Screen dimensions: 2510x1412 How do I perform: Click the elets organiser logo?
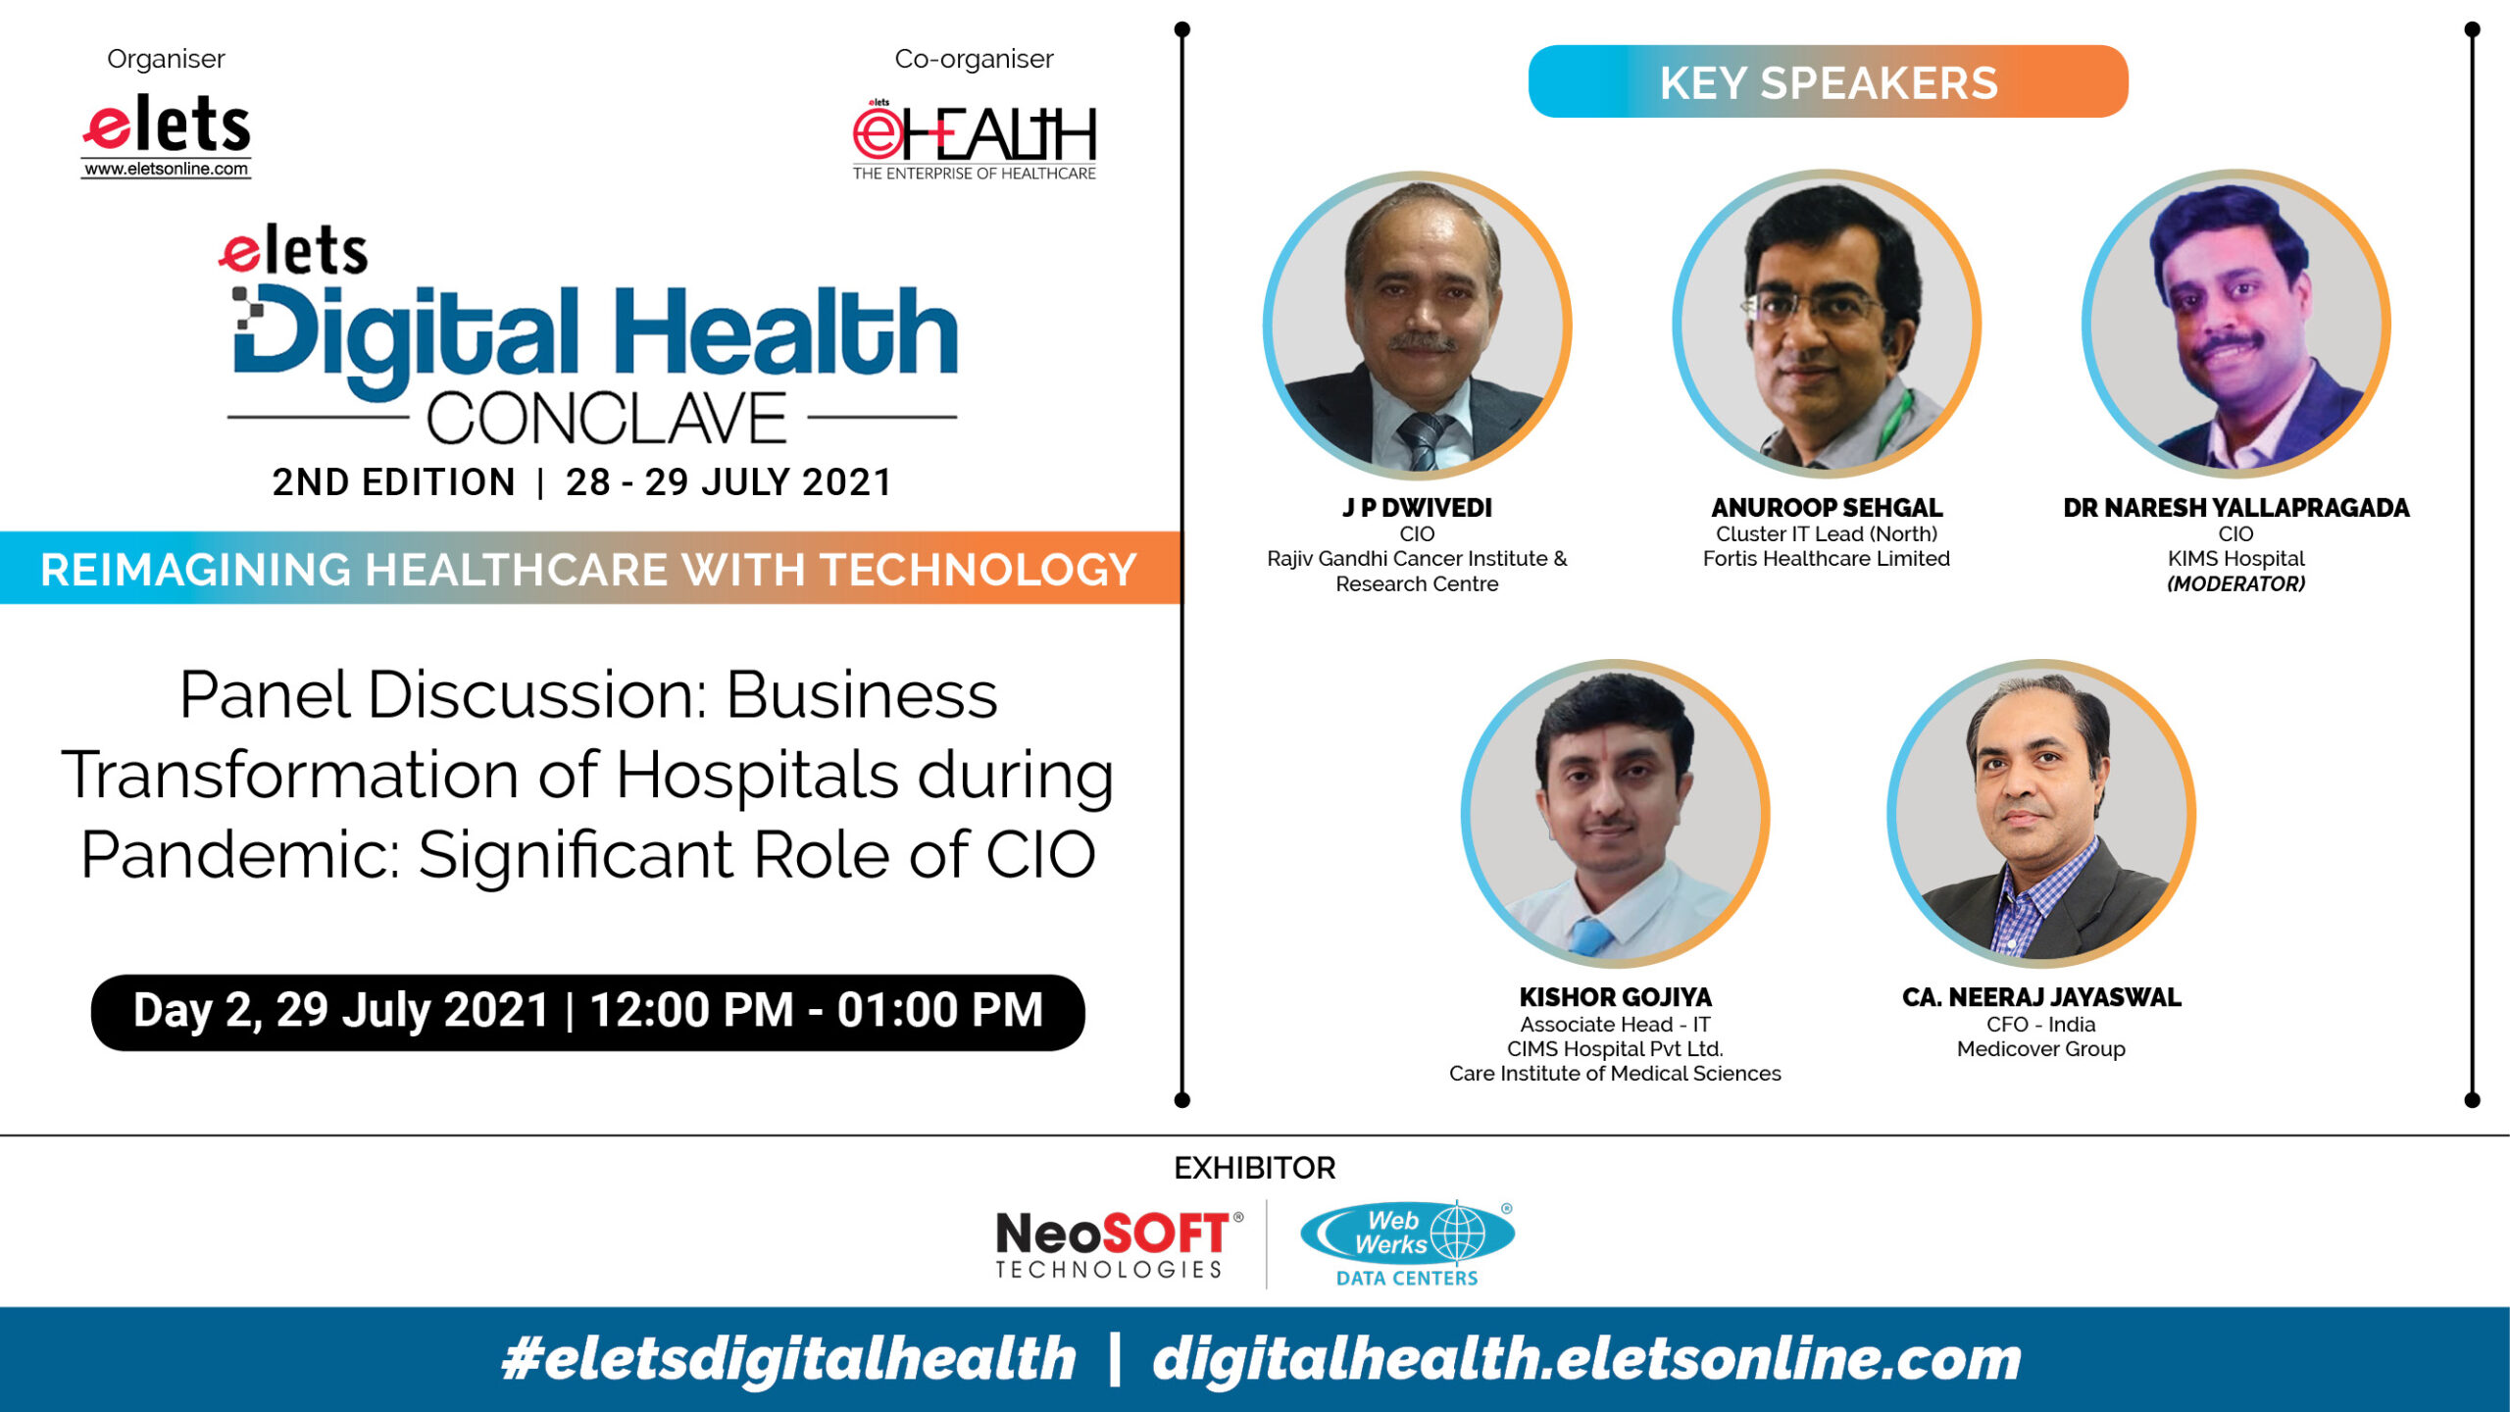click(167, 135)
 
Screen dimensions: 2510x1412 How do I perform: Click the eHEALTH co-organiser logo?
click(974, 140)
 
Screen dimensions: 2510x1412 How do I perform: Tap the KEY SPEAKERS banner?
click(1828, 81)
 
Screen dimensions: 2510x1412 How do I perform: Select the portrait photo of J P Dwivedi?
click(1417, 325)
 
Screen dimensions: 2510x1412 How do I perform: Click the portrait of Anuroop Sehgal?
click(1827, 324)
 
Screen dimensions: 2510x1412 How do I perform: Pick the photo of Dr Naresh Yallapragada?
click(2236, 324)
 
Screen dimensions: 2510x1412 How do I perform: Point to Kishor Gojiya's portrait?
click(1615, 813)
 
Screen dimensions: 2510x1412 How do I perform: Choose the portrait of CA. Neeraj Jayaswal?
click(2041, 813)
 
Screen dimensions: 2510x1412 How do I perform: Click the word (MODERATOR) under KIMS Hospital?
click(2235, 584)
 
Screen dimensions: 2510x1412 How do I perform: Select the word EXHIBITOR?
click(1255, 1168)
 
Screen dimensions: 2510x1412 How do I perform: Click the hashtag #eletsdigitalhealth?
click(788, 1359)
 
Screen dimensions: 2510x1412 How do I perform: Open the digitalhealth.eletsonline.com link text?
click(1586, 1359)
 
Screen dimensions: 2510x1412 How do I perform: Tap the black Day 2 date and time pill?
click(587, 1012)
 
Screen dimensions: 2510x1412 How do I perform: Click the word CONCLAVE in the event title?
click(606, 420)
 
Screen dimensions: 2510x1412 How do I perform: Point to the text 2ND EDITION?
click(393, 482)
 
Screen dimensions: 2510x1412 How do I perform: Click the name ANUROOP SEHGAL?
click(1827, 508)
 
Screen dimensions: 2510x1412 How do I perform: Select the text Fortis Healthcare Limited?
click(1827, 559)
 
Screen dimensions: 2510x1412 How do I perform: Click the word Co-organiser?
click(974, 59)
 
